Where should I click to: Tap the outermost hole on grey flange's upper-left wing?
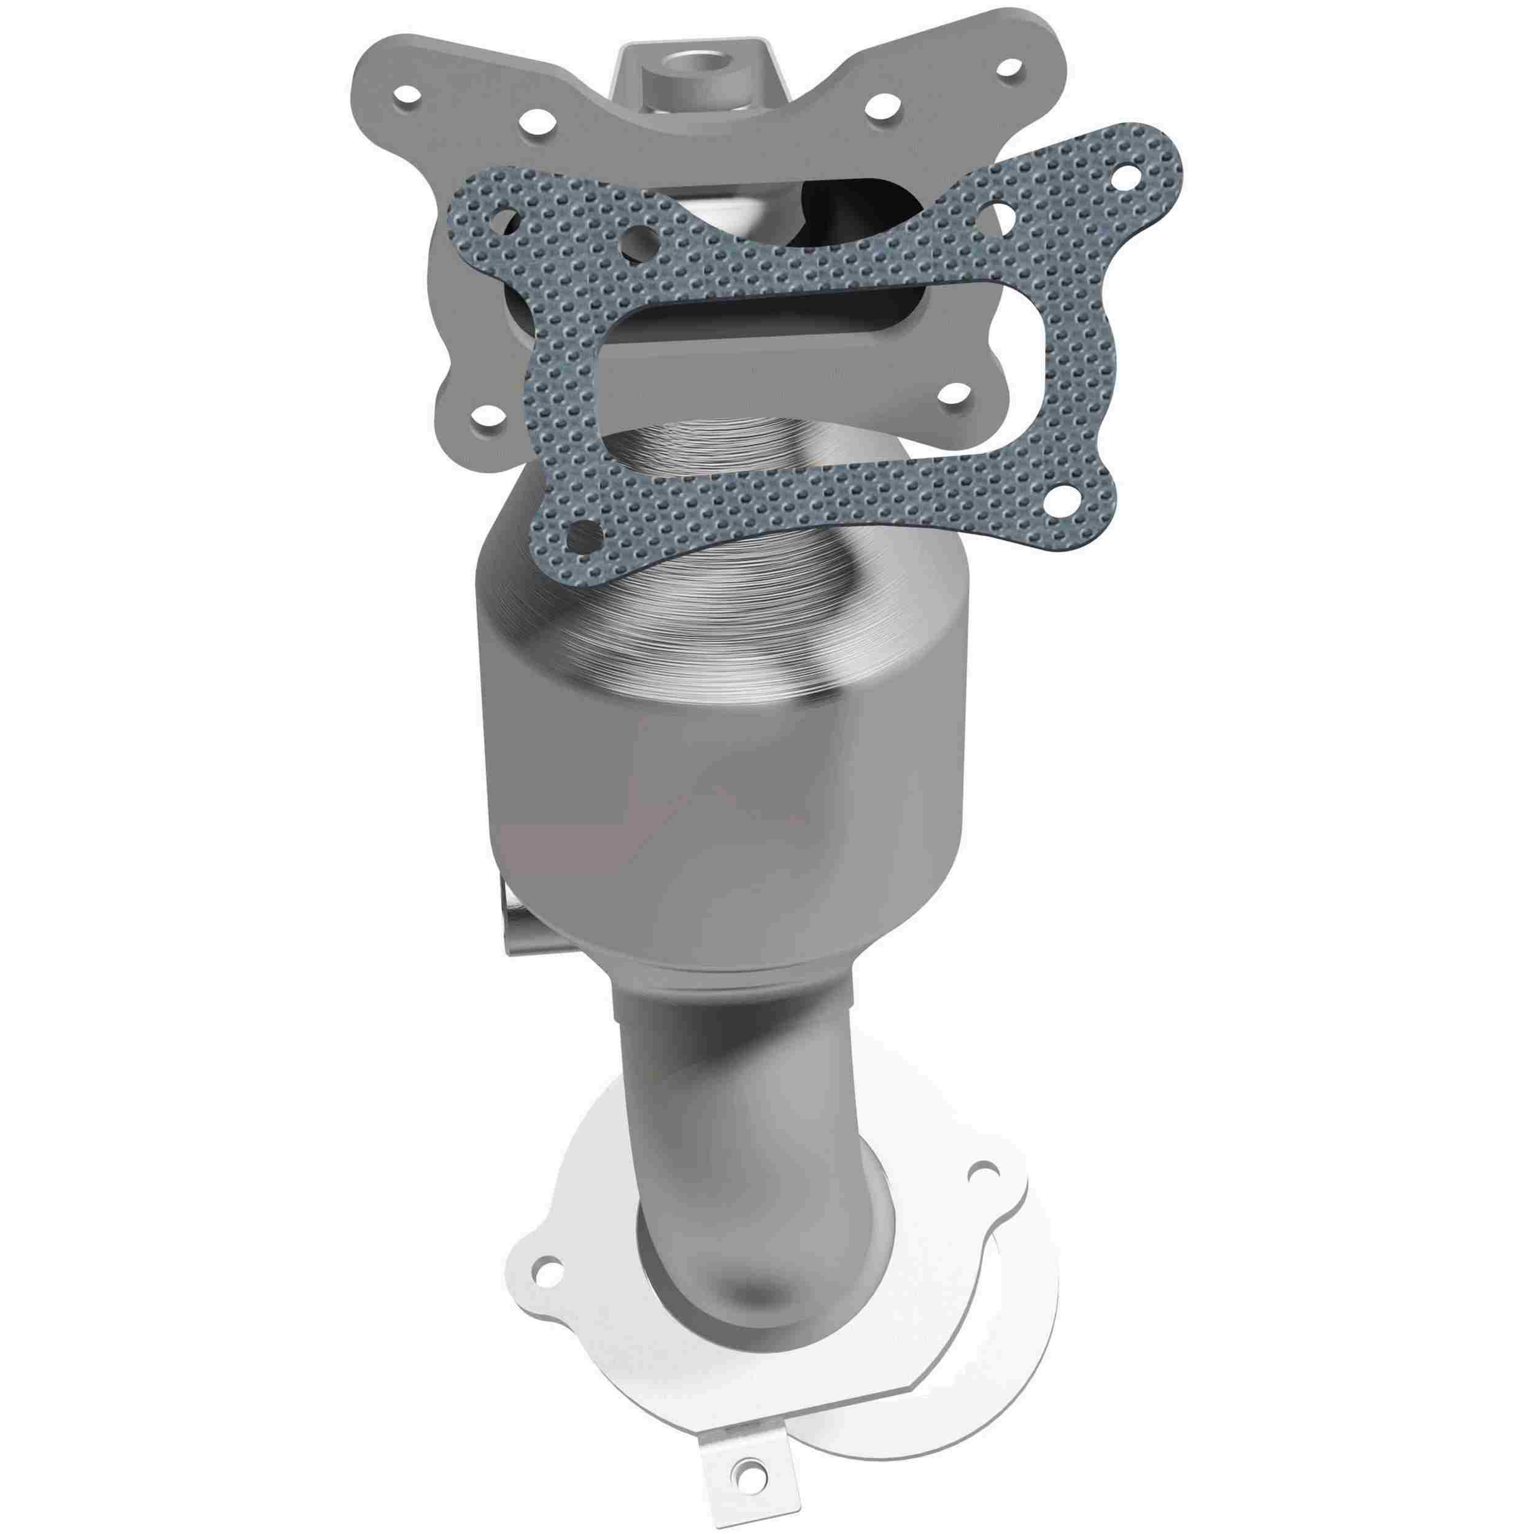point(408,95)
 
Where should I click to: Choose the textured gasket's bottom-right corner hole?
point(1060,503)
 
